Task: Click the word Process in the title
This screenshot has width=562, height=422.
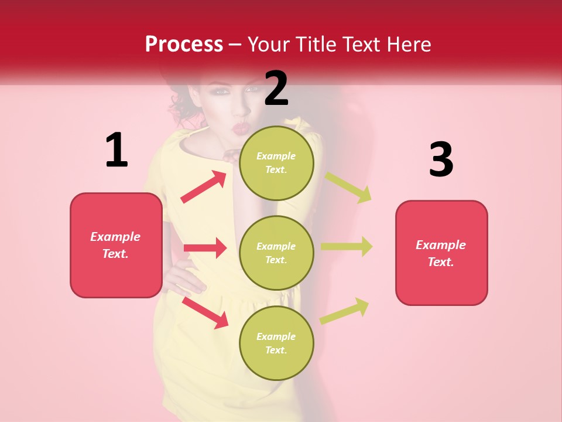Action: [x=184, y=44]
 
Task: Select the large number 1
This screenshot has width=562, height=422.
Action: [x=116, y=150]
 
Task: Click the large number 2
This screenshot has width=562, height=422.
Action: [x=276, y=88]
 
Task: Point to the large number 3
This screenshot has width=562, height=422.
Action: [x=441, y=159]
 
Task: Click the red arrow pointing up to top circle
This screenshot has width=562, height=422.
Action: [x=204, y=186]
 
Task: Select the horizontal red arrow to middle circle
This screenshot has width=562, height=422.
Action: [x=205, y=248]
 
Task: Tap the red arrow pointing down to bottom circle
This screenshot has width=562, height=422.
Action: [x=205, y=312]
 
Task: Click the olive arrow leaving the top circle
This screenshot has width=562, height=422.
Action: [x=348, y=188]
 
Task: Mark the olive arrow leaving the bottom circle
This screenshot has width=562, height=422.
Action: [x=344, y=311]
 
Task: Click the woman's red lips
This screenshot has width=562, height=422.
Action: [x=241, y=127]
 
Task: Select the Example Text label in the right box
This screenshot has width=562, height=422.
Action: [x=441, y=253]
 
